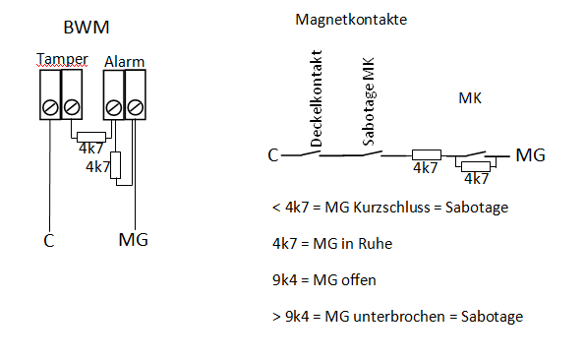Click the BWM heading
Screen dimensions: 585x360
pos(87,28)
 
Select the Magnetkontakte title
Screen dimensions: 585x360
pos(351,20)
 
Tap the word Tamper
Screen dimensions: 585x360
pos(62,60)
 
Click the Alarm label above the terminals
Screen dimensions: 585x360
pos(124,62)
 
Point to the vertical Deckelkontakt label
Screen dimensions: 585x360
pos(316,98)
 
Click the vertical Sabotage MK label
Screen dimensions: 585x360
pos(369,101)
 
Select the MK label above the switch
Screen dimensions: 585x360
pos(470,98)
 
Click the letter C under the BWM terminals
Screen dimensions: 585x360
pos(49,241)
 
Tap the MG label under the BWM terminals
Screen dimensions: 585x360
pos(133,239)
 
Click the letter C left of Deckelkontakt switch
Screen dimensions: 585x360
pos(273,155)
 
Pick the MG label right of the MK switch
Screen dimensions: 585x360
pos(530,155)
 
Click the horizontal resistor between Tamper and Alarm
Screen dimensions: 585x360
pos(91,137)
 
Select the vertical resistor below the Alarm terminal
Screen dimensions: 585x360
pos(116,165)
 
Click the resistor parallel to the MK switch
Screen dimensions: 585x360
pos(476,166)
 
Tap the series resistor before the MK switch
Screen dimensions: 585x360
pos(427,154)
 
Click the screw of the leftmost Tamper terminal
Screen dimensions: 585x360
pos(50,108)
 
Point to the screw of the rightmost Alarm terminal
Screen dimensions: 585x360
pos(135,108)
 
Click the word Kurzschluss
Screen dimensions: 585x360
pos(391,208)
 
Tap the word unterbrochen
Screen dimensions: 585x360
pos(399,317)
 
